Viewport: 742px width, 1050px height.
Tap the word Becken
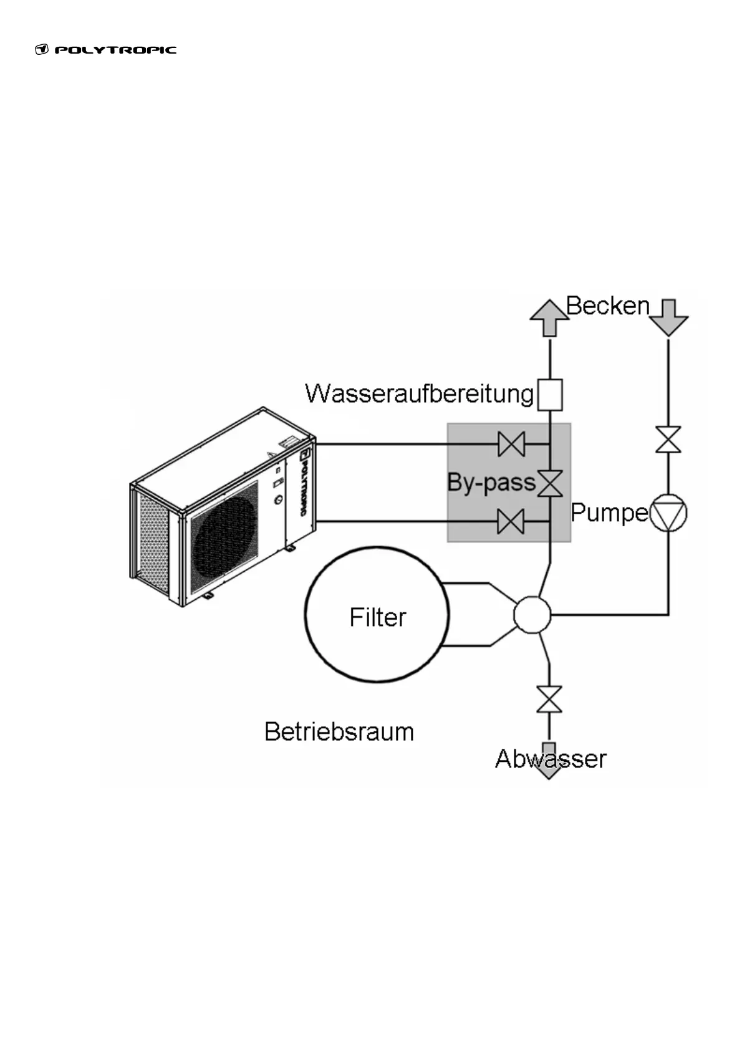pyautogui.click(x=607, y=306)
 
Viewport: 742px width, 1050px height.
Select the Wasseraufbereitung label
pyautogui.click(x=420, y=394)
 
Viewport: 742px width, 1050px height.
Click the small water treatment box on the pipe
pyautogui.click(x=549, y=395)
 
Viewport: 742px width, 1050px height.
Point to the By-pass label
pyautogui.click(x=491, y=483)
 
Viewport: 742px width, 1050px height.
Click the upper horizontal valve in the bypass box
pyautogui.click(x=511, y=444)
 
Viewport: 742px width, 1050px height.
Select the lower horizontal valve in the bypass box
pyautogui.click(x=511, y=521)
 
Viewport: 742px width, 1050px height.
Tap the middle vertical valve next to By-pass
pyautogui.click(x=550, y=483)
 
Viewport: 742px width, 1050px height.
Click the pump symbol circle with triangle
pyautogui.click(x=668, y=513)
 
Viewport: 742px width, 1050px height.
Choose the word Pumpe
pyautogui.click(x=609, y=513)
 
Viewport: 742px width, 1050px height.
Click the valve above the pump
pyautogui.click(x=668, y=440)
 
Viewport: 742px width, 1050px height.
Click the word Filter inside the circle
pyautogui.click(x=378, y=617)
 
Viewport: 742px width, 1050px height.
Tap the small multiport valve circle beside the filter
pyautogui.click(x=532, y=615)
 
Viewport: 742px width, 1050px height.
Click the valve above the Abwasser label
pyautogui.click(x=549, y=700)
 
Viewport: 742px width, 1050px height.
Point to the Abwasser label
pyautogui.click(x=551, y=759)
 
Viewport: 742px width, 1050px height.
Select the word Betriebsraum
pyautogui.click(x=339, y=731)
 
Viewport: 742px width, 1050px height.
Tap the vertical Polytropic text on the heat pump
pyautogui.click(x=304, y=483)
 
